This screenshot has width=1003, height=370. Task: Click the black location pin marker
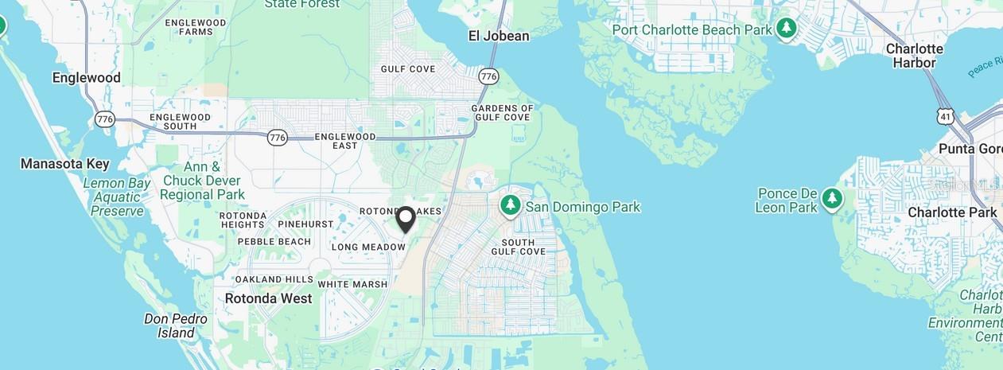point(406,219)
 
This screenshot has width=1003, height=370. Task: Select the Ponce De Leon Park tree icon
point(832,197)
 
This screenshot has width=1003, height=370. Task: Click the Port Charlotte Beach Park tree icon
point(787,29)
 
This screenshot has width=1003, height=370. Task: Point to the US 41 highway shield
point(945,115)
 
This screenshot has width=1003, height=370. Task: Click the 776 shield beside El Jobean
point(488,76)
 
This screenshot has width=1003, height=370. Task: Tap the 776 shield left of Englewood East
point(277,137)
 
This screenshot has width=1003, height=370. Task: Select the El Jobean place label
point(499,36)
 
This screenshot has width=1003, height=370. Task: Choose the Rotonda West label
point(268,298)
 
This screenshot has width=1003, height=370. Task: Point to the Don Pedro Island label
point(176,325)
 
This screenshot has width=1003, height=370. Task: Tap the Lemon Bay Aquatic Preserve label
point(117,197)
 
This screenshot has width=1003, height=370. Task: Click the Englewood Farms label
point(196,27)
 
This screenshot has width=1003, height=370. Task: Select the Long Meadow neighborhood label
point(368,247)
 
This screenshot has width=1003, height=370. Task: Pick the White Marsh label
point(352,284)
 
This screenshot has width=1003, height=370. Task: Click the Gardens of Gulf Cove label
point(503,112)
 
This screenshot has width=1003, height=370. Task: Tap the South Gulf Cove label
point(523,247)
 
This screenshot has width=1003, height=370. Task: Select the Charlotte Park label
point(952,212)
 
